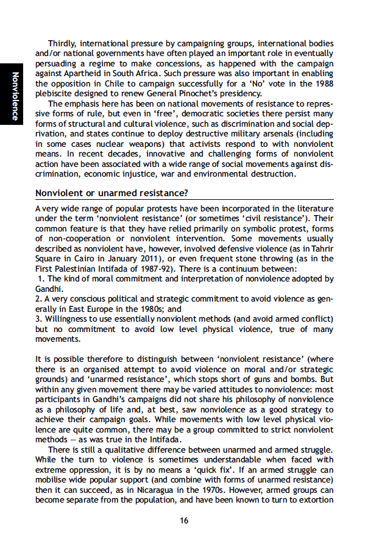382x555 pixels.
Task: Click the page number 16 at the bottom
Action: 183,520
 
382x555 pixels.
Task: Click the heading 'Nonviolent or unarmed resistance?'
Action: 112,194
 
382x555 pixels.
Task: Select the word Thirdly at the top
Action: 65,43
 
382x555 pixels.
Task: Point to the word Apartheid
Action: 82,73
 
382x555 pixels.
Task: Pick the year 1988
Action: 322,83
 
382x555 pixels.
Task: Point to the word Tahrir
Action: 320,249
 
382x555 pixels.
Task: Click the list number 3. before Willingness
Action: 38,319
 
